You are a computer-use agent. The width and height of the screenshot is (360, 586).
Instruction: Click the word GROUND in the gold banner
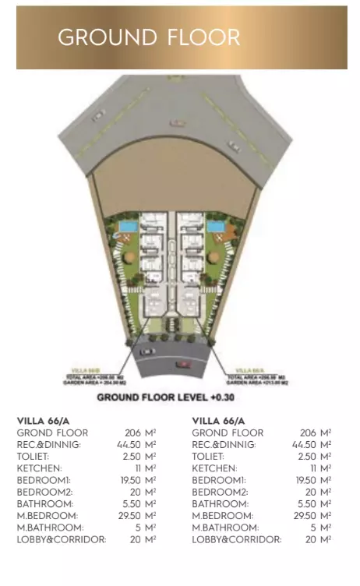[x=108, y=37]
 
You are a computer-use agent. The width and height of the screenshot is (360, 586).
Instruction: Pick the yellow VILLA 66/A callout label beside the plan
[x=245, y=369]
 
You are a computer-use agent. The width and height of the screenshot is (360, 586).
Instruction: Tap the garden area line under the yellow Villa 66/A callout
[x=258, y=383]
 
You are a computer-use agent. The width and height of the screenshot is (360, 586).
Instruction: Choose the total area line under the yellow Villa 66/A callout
[x=258, y=376]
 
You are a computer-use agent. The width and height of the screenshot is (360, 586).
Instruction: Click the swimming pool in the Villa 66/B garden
[x=125, y=227]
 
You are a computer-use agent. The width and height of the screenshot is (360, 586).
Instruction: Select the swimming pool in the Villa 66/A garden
[x=214, y=227]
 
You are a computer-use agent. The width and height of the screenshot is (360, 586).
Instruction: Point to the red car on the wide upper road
[x=178, y=122]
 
